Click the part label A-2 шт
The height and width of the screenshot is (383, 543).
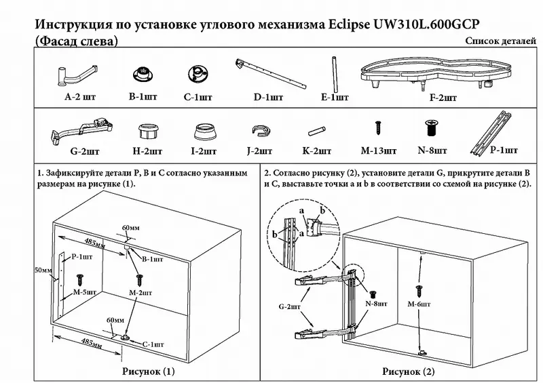80,96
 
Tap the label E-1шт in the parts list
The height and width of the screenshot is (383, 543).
335,97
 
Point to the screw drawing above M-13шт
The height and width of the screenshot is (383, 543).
378,127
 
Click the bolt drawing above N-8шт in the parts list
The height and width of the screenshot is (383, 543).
431,128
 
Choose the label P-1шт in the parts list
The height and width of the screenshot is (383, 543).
504,150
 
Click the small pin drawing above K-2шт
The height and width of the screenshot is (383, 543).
316,132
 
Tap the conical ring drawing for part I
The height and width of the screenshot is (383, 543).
204,132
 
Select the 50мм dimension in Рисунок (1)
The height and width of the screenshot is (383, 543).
43,270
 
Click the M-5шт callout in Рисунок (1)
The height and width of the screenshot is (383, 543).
84,292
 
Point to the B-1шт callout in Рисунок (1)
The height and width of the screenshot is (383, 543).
152,259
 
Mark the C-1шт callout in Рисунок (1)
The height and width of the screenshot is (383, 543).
153,344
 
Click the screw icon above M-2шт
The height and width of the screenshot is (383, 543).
140,280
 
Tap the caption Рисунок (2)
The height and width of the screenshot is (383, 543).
409,371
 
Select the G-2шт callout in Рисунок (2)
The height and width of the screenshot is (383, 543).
290,306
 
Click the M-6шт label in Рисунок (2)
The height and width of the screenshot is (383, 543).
419,304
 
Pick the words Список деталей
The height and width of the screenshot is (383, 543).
500,41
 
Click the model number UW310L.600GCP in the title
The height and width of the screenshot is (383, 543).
426,24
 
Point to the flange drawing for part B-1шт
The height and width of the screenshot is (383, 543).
143,75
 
